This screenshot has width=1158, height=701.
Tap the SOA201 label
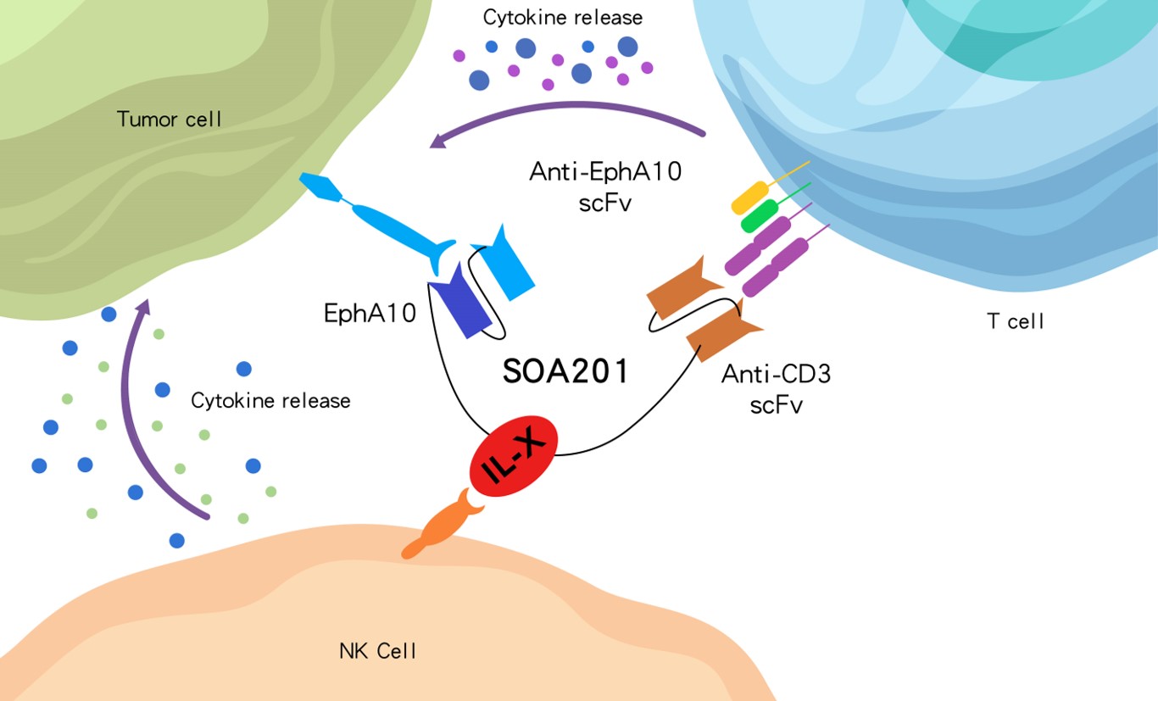click(x=565, y=371)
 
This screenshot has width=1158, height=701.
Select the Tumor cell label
click(x=170, y=119)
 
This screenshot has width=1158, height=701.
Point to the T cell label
click(x=1016, y=321)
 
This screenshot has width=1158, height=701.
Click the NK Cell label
click(x=378, y=651)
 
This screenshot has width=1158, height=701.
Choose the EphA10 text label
click(x=370, y=314)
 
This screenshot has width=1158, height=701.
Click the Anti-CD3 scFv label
click(x=776, y=388)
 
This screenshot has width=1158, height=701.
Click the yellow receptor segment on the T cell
click(x=749, y=198)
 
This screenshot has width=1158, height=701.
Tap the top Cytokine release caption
click(x=563, y=17)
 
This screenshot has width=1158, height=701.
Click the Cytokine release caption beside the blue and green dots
click(x=270, y=400)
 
